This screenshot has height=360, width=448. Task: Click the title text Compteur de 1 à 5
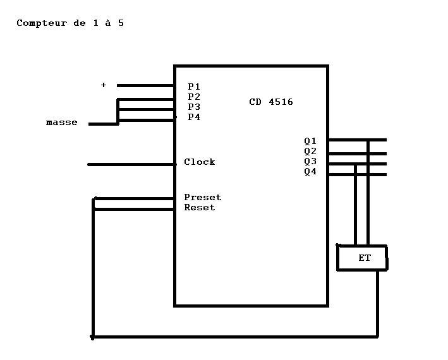pyautogui.click(x=70, y=23)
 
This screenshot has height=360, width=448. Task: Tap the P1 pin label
pyautogui.click(x=194, y=87)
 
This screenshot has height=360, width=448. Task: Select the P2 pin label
pyautogui.click(x=194, y=97)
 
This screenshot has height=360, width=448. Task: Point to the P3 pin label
pyautogui.click(x=194, y=107)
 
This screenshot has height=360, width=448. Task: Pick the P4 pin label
pyautogui.click(x=194, y=117)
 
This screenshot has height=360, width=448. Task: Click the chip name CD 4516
pyautogui.click(x=271, y=102)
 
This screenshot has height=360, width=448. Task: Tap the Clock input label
pyautogui.click(x=200, y=162)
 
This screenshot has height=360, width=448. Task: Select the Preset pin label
pyautogui.click(x=202, y=198)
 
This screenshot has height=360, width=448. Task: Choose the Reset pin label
pyautogui.click(x=200, y=208)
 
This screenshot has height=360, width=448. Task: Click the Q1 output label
pyautogui.click(x=310, y=141)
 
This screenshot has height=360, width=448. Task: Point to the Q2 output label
pyautogui.click(x=310, y=151)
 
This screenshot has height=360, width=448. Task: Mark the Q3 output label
pyautogui.click(x=310, y=161)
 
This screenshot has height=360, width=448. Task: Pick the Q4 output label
pyautogui.click(x=310, y=171)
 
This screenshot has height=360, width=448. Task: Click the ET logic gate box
pyautogui.click(x=363, y=258)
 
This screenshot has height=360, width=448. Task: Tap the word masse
pyautogui.click(x=62, y=123)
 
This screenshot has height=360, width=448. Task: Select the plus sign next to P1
pyautogui.click(x=104, y=85)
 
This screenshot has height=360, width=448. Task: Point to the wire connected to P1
pyautogui.click(x=145, y=85)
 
